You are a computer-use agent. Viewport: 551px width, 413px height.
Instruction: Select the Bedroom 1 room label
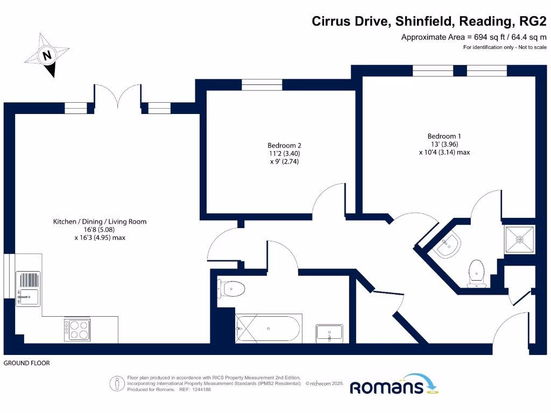[444, 136]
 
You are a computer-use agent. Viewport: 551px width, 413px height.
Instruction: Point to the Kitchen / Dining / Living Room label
[100, 222]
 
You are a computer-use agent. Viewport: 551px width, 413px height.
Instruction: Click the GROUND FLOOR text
[27, 364]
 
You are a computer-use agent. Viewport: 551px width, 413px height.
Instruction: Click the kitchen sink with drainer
[27, 288]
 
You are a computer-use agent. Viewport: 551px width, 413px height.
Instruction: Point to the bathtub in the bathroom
[269, 328]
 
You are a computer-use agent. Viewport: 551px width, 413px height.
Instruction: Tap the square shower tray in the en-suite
[520, 239]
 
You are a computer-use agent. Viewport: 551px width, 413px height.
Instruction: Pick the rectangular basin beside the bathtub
[329, 333]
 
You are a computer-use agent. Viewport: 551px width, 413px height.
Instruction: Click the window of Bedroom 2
[262, 84]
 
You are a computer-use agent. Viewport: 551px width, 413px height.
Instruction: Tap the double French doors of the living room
[118, 99]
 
